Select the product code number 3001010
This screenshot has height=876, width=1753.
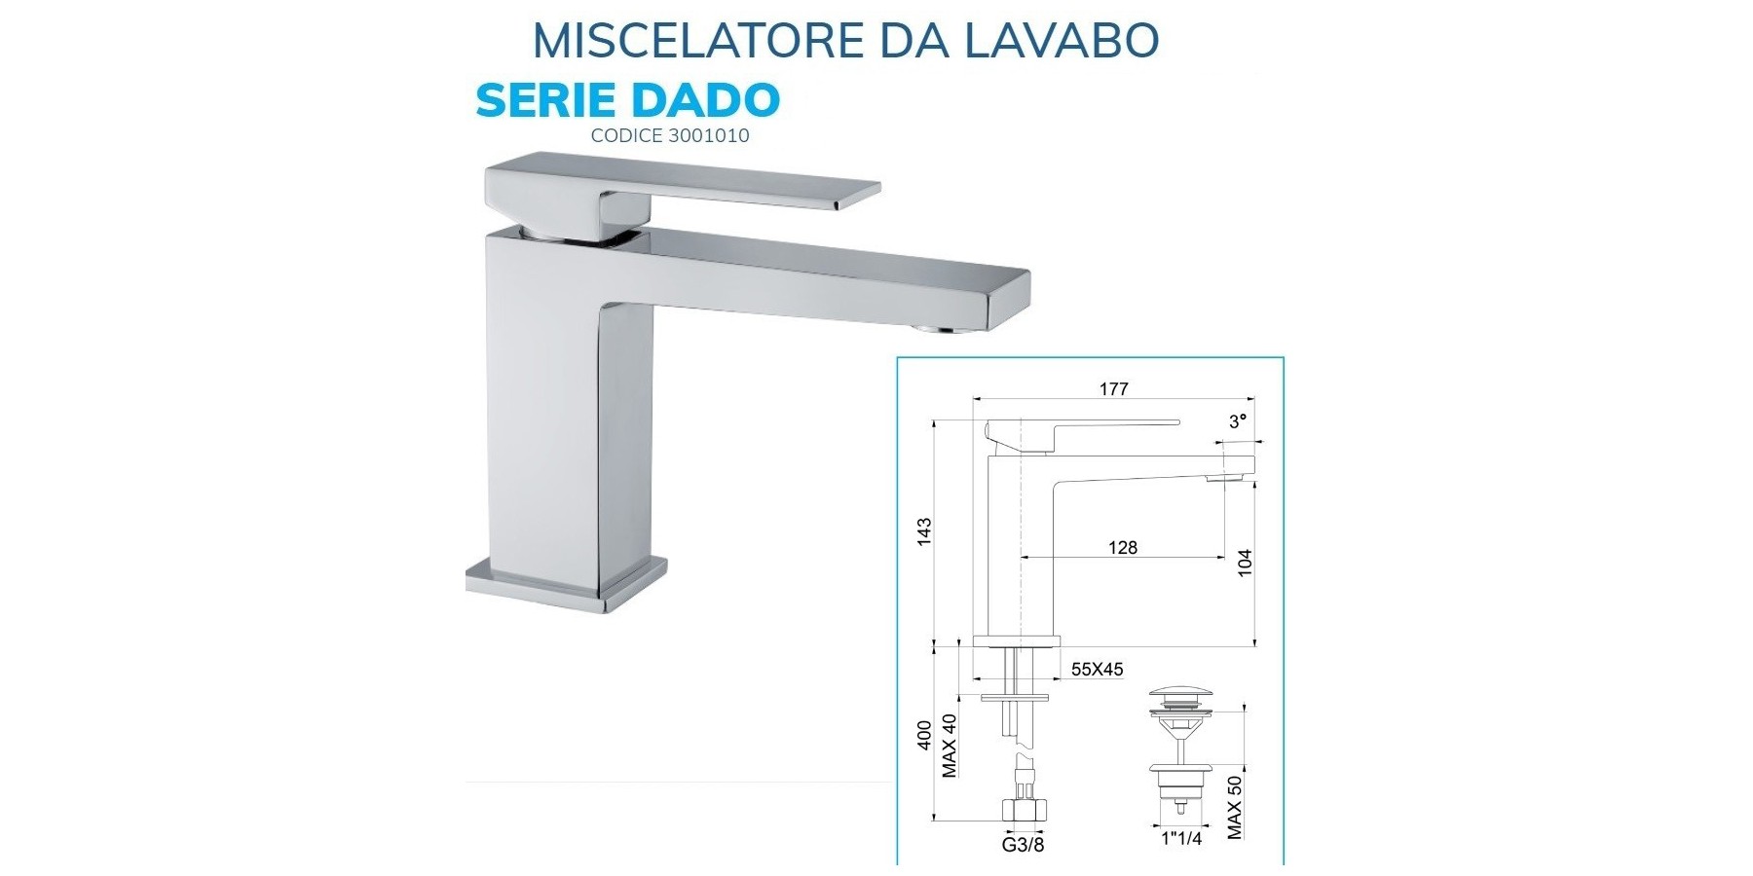[709, 135]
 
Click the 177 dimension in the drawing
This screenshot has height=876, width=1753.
[1114, 389]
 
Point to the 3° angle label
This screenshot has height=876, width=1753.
[1238, 421]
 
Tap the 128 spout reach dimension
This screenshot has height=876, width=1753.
[1123, 548]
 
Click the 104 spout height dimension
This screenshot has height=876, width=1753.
[1244, 563]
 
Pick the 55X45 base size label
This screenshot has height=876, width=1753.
[1098, 670]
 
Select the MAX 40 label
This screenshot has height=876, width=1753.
[951, 745]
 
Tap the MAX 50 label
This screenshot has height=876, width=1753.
[1235, 806]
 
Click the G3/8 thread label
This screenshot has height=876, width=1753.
[1024, 844]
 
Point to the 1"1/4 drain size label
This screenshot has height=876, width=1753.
[1182, 837]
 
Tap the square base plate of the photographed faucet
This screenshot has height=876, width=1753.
[567, 587]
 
